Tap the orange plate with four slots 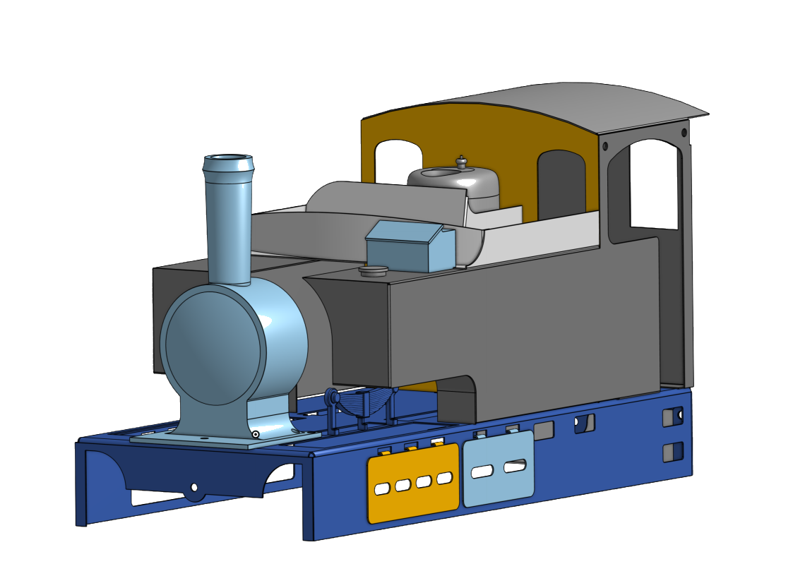click(x=413, y=501)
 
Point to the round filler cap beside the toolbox click(x=373, y=270)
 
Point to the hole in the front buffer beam click(x=194, y=488)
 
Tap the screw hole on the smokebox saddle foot click(x=256, y=434)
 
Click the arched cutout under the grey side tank click(x=458, y=399)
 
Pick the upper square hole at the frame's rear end click(x=672, y=416)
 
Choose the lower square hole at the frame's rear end click(x=672, y=451)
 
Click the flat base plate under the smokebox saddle click(x=212, y=441)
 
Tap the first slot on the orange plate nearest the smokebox click(x=381, y=488)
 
